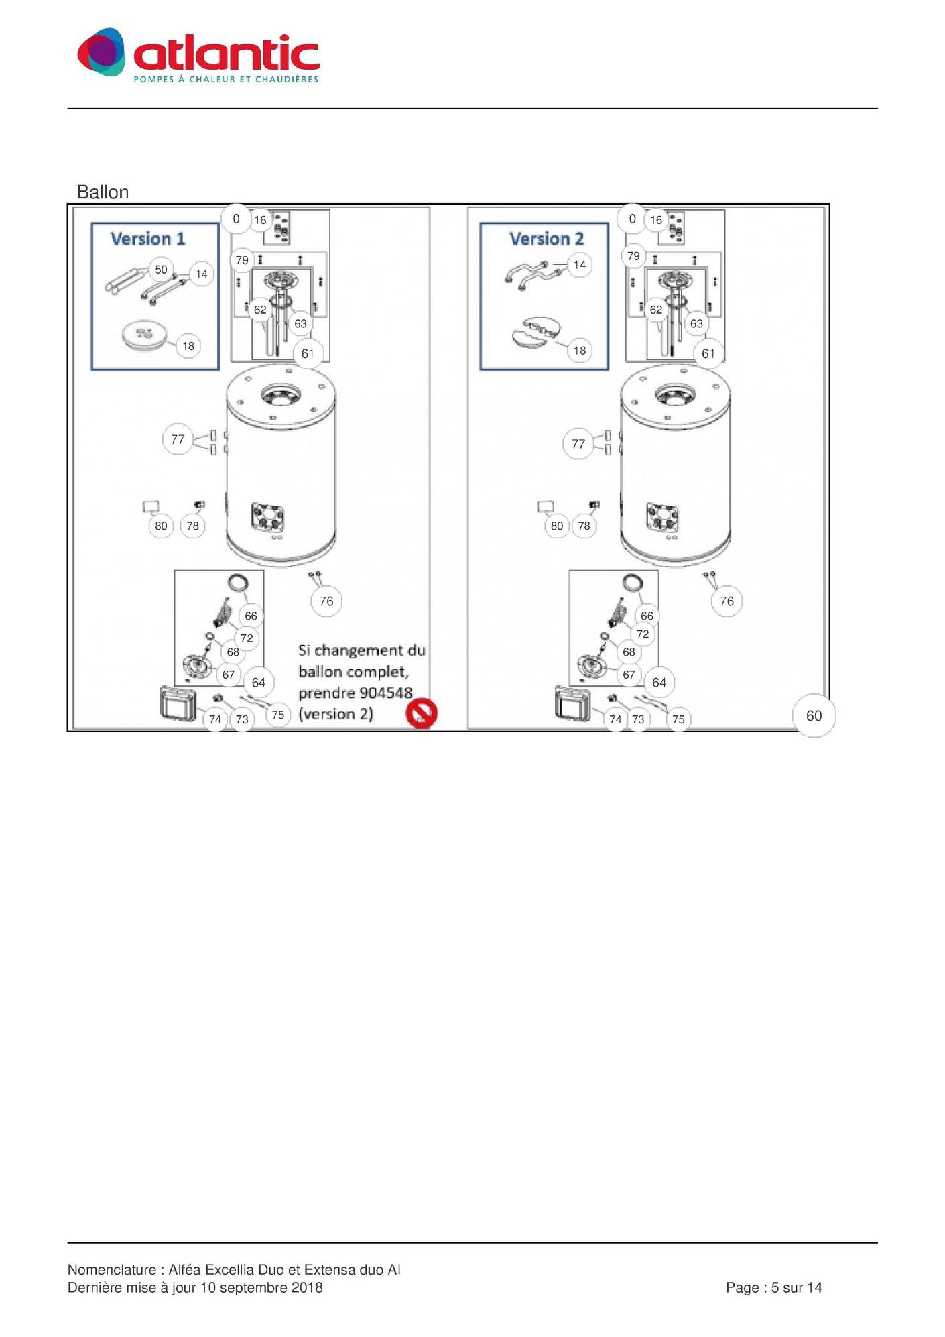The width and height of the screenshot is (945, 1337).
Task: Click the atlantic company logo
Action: point(198,56)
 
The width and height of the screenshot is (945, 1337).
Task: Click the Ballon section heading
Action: point(103,192)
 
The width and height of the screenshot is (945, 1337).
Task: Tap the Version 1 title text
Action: point(147,239)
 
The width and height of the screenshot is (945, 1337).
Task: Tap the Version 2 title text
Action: point(546,239)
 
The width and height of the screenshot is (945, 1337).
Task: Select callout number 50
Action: point(161,270)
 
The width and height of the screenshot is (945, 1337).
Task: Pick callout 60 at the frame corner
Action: point(814,715)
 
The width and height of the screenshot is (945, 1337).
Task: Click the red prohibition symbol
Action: point(422,713)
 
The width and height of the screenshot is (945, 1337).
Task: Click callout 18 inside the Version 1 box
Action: point(188,346)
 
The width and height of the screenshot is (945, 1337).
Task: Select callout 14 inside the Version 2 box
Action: point(580,265)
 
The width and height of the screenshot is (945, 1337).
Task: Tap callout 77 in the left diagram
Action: point(178,439)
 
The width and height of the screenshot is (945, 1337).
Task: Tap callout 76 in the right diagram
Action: point(727,601)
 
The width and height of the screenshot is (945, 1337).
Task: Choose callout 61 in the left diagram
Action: point(308,353)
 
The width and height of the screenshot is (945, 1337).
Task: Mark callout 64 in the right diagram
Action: point(659,682)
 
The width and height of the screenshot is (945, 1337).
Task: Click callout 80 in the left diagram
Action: point(161,526)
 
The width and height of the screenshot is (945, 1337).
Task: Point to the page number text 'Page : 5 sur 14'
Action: point(774,1287)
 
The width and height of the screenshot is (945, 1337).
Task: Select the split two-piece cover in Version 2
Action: point(535,333)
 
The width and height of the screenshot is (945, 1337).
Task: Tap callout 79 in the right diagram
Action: point(633,256)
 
